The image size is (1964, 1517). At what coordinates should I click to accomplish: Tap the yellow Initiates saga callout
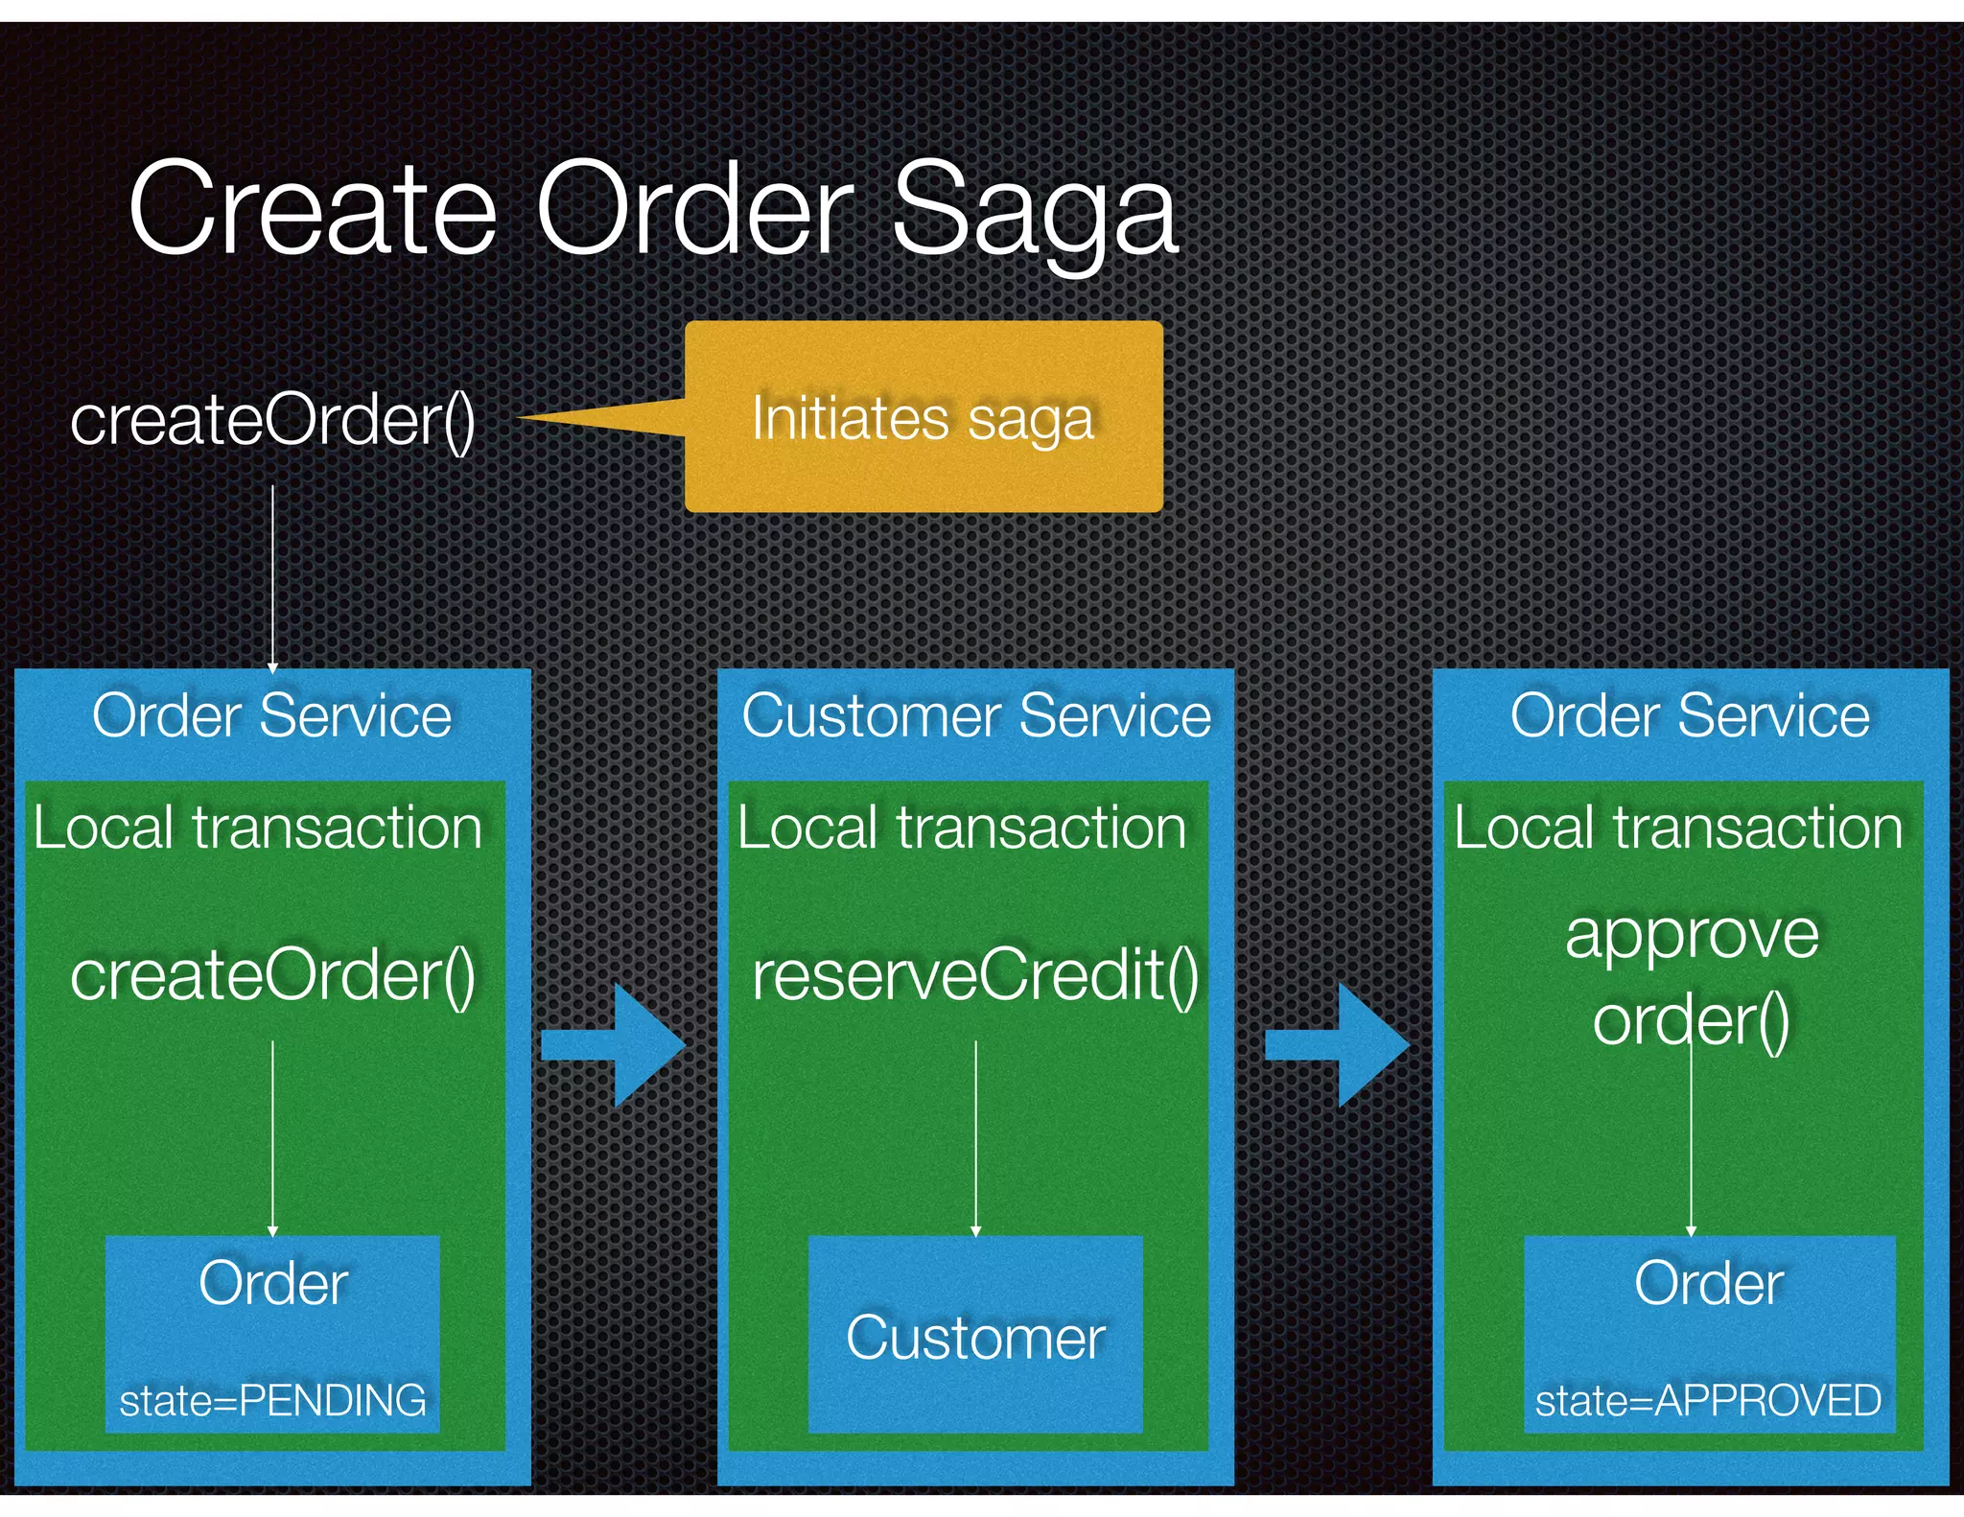click(x=923, y=417)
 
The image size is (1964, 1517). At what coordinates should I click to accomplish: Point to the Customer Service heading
click(x=976, y=715)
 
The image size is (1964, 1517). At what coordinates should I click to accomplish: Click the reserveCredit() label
click(x=975, y=975)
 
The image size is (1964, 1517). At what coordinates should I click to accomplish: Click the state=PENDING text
click(x=272, y=1400)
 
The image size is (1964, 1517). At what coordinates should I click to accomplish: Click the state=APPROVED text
click(x=1708, y=1400)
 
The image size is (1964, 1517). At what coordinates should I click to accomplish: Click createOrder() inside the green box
click(x=272, y=975)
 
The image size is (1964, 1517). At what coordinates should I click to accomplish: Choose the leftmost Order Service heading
click(x=272, y=715)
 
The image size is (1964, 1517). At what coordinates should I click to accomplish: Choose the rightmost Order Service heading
click(x=1690, y=715)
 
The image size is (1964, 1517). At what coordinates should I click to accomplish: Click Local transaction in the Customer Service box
click(x=962, y=828)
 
